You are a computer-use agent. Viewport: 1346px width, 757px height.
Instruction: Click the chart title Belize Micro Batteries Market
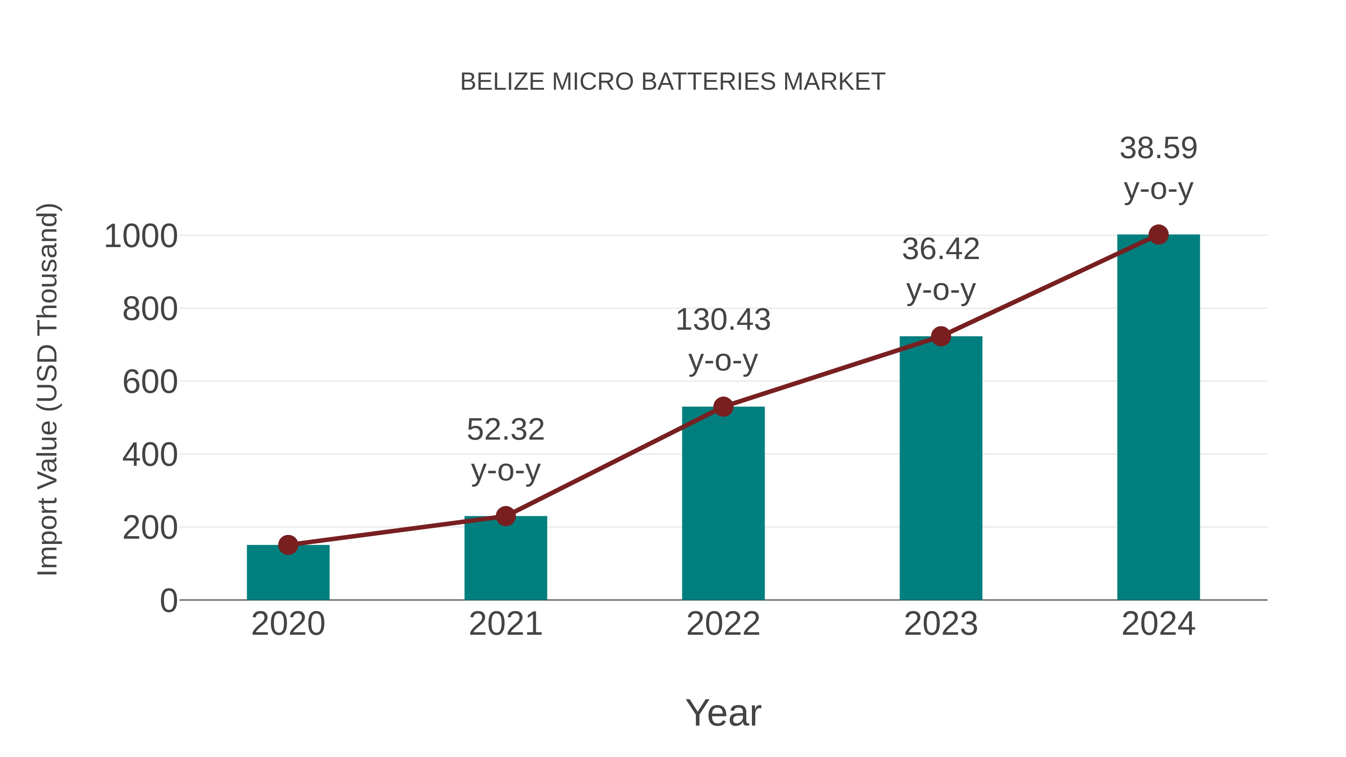click(673, 82)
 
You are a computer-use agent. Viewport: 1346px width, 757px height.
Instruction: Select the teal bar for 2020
click(288, 575)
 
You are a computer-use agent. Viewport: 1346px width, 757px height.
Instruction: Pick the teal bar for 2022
click(723, 504)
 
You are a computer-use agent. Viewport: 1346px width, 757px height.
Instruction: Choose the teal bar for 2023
click(941, 470)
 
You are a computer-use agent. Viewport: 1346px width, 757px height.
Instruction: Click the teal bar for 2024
click(1158, 418)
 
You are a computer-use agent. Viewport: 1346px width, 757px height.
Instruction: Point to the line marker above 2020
click(288, 545)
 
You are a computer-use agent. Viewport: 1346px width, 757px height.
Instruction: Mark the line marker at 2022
click(723, 406)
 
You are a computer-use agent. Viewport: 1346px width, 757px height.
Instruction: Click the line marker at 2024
click(1158, 234)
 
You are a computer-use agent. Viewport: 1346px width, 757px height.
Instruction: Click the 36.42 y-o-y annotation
click(941, 269)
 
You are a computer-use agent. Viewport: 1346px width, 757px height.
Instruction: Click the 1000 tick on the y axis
click(141, 236)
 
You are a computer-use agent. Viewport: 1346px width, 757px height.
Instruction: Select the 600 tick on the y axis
click(150, 382)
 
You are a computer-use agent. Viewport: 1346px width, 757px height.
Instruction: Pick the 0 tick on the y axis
click(168, 601)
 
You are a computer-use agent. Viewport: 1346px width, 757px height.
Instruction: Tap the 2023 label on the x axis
click(941, 624)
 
